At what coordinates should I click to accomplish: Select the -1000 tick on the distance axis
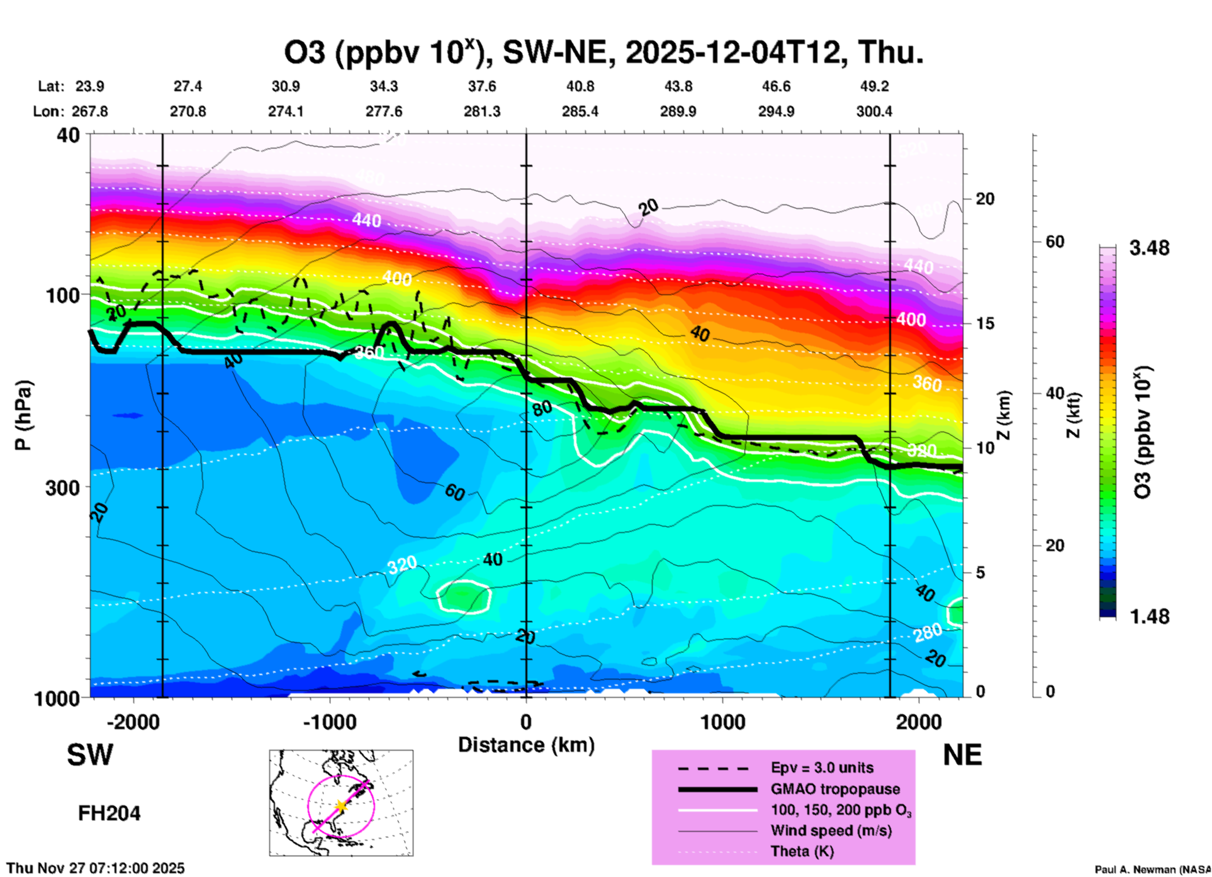(330, 722)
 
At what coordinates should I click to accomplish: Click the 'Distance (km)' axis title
(526, 745)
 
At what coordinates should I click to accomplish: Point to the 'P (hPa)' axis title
(23, 415)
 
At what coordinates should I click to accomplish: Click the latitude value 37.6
(482, 86)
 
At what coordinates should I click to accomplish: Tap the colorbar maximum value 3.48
(1149, 249)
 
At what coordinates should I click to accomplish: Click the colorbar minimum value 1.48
(1149, 617)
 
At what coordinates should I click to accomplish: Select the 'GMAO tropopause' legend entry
(835, 789)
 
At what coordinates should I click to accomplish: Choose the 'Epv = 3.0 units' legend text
(822, 768)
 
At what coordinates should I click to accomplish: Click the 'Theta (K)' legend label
(802, 851)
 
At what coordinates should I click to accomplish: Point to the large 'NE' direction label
(962, 755)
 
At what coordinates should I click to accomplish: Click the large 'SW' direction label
(90, 755)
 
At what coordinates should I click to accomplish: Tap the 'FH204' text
(109, 813)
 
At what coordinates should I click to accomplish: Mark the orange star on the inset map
(340, 805)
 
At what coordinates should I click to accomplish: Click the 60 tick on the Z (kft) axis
(1055, 242)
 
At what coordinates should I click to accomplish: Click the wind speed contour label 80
(542, 408)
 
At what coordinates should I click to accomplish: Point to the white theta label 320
(401, 565)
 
